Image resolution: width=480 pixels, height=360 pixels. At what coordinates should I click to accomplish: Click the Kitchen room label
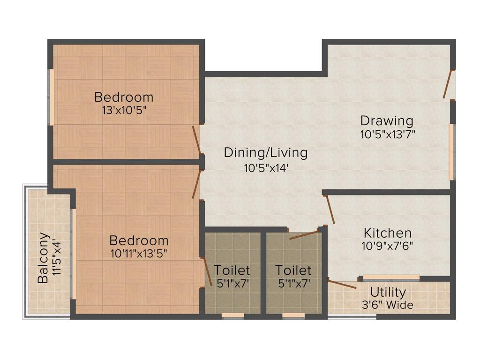coord(388,233)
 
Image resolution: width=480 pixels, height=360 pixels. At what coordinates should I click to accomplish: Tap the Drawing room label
coord(387,121)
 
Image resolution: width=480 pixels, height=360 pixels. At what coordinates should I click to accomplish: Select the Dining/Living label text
coord(266,153)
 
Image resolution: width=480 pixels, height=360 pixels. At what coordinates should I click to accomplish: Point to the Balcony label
coord(43,258)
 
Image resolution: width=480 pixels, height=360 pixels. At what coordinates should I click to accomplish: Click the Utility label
coord(388,292)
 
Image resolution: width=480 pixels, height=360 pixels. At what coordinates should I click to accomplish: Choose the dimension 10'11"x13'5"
coord(139,254)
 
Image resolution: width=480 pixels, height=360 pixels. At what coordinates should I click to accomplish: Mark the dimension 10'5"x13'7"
coord(388,134)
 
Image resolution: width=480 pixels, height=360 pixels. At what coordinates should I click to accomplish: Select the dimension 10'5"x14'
coord(266,167)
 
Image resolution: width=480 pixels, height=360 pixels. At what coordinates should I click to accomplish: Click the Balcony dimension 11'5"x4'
coord(57,258)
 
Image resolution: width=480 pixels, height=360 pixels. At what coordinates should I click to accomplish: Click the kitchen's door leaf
coord(330,209)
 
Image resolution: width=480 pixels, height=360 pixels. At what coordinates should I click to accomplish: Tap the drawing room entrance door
coord(449,85)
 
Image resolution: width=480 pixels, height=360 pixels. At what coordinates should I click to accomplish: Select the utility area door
coord(342,284)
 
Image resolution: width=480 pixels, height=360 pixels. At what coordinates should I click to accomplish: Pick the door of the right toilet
coord(304,235)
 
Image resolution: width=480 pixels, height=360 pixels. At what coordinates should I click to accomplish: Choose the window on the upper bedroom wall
coord(52,97)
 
